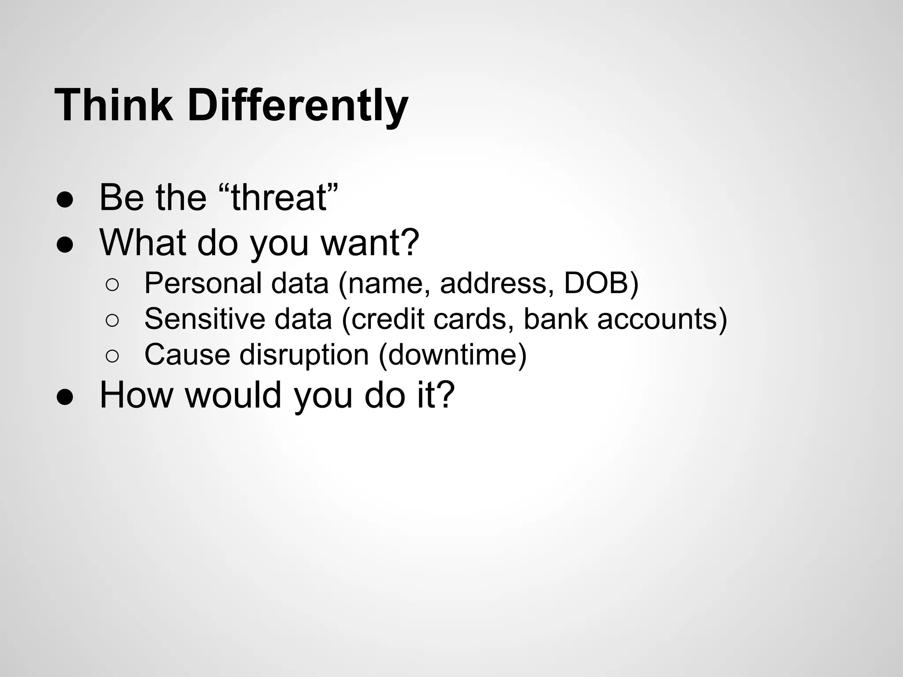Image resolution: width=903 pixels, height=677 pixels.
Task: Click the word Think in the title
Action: pos(114,106)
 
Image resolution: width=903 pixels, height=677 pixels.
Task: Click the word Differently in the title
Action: pos(298,106)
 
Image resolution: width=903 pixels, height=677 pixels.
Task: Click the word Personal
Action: pos(203,283)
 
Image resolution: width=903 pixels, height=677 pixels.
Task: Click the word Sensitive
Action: pos(205,319)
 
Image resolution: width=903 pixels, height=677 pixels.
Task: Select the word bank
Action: pos(555,319)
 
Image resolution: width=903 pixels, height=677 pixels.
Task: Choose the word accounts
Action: pos(657,319)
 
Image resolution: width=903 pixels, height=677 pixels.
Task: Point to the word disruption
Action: pos(304,354)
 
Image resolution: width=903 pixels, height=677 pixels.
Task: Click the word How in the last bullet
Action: pos(136,395)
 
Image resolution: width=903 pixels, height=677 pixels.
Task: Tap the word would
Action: pos(233,395)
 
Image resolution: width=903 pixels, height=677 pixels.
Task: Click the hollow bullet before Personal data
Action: pos(112,285)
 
